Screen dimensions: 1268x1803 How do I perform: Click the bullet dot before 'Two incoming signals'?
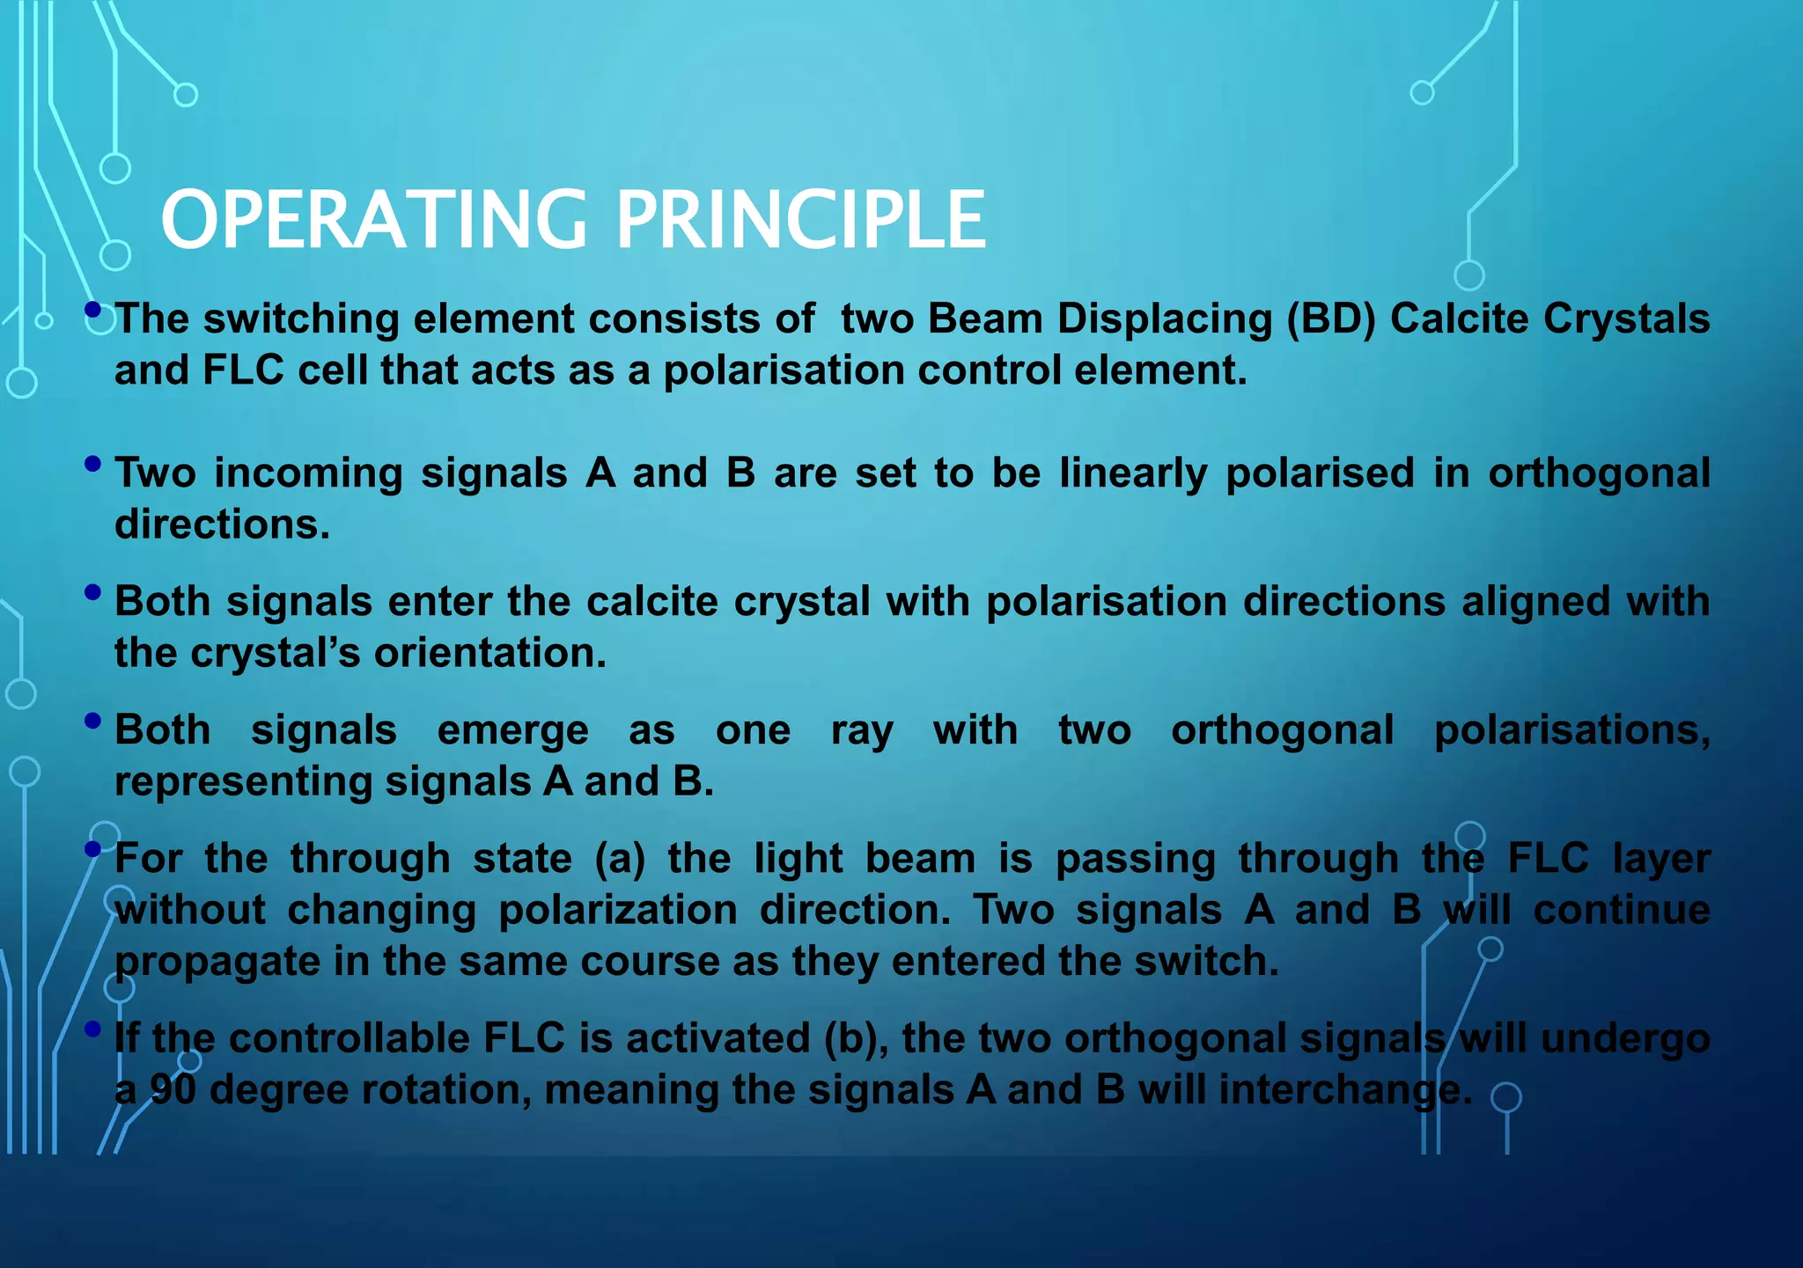tap(93, 464)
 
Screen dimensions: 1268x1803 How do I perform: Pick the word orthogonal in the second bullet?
tap(1599, 473)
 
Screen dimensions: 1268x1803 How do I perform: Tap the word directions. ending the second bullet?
tap(222, 524)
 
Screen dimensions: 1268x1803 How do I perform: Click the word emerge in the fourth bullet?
tap(512, 730)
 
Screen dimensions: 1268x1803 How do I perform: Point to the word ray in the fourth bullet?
tap(862, 730)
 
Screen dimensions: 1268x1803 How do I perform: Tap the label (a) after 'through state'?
tap(620, 858)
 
